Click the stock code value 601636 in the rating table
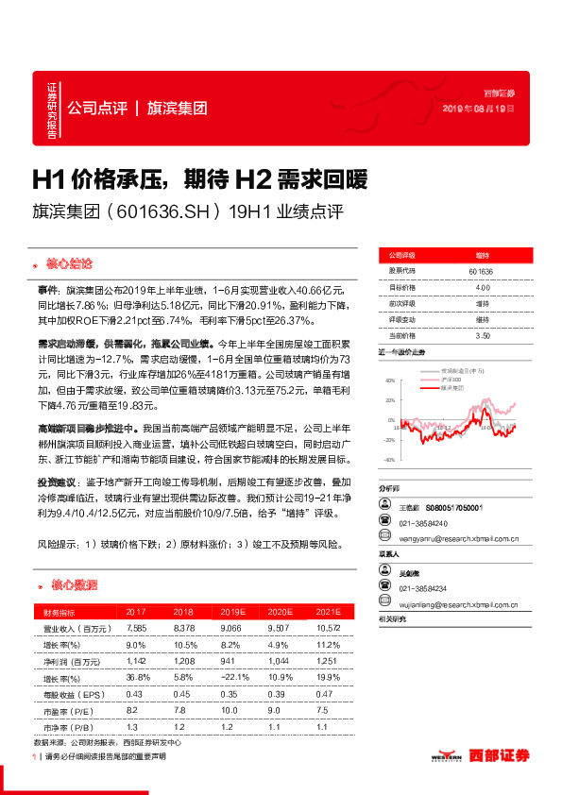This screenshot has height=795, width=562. (482, 271)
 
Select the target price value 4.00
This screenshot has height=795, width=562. (482, 287)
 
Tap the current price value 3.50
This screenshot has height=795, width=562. (482, 335)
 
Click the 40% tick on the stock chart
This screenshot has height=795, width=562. (388, 381)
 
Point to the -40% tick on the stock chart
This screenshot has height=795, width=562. (387, 460)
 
